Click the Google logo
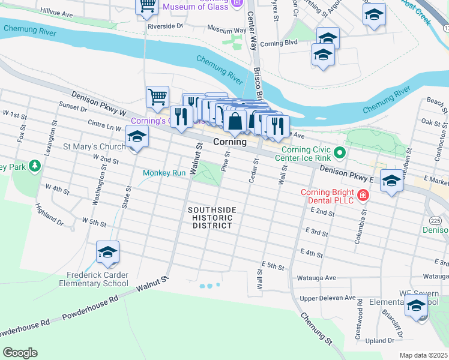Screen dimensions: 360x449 [x=20, y=353]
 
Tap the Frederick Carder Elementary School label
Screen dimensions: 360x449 [x=97, y=279]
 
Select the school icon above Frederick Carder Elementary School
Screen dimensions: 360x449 [x=107, y=253]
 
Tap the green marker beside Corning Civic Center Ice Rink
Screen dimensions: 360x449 [x=339, y=152]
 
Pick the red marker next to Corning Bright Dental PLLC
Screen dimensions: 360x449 [x=362, y=194]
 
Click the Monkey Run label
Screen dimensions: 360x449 [x=164, y=173]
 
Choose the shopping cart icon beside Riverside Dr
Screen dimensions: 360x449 [x=146, y=7]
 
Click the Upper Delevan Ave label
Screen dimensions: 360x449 [x=328, y=298]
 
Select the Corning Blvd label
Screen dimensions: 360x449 [x=279, y=43]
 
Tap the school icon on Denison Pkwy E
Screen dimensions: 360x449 [x=391, y=181]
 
